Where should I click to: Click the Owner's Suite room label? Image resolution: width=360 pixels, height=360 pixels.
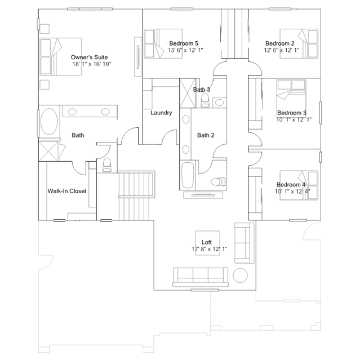[x=89, y=57]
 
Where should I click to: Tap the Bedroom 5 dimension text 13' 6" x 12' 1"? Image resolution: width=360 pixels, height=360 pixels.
[x=185, y=50]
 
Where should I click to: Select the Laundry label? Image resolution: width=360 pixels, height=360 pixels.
[x=161, y=113]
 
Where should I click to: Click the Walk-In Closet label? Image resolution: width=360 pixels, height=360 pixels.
[x=67, y=191]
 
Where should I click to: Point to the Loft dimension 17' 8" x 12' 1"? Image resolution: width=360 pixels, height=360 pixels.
[x=210, y=249]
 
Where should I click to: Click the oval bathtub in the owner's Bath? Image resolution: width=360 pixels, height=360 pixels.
[x=49, y=122]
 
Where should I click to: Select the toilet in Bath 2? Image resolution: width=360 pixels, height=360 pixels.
[x=219, y=182]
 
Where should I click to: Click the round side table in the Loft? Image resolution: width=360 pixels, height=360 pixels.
[x=240, y=275]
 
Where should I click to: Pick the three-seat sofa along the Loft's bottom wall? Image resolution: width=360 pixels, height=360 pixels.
[x=201, y=277]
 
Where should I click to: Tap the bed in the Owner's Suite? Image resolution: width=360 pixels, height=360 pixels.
[x=61, y=57]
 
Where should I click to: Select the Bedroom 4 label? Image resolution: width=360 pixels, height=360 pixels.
[x=291, y=185]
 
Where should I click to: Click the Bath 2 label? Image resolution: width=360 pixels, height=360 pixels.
[x=206, y=135]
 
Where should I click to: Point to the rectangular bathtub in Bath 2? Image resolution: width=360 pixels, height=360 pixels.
[x=188, y=175]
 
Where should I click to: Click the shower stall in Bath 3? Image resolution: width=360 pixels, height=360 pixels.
[x=188, y=93]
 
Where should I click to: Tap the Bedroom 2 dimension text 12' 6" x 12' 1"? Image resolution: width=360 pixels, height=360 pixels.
[x=282, y=50]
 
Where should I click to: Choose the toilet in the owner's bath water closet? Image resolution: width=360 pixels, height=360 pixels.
[x=106, y=165]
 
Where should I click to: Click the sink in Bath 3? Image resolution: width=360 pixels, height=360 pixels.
[x=219, y=103]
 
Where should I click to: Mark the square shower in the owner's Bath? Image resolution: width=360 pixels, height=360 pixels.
[x=48, y=152]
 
